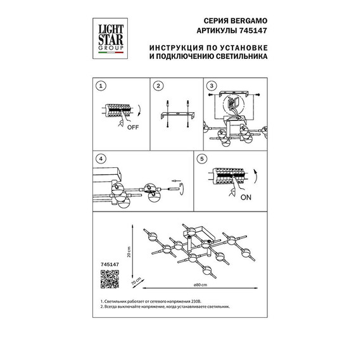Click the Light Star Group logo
pyautogui.click(x=110, y=39)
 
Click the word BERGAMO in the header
pyautogui.click(x=249, y=21)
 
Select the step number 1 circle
pyautogui.click(x=101, y=86)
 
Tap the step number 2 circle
pyautogui.click(x=158, y=86)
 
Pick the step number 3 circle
pyautogui.click(x=212, y=86)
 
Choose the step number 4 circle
pyautogui.click(x=101, y=159)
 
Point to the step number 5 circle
pyautogui.click(x=202, y=159)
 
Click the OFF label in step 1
pyautogui.click(x=133, y=127)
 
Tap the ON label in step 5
pyautogui.click(x=246, y=198)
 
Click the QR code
pyautogui.click(x=110, y=279)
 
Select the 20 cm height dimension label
pyautogui.click(x=129, y=252)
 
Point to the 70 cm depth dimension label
pyautogui.click(x=136, y=282)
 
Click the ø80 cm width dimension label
pyautogui.click(x=200, y=285)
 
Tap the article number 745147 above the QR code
pyautogui.click(x=110, y=265)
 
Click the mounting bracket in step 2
pyautogui.click(x=177, y=115)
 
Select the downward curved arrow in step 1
pyautogui.click(x=138, y=111)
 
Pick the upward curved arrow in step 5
pyautogui.click(x=255, y=177)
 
